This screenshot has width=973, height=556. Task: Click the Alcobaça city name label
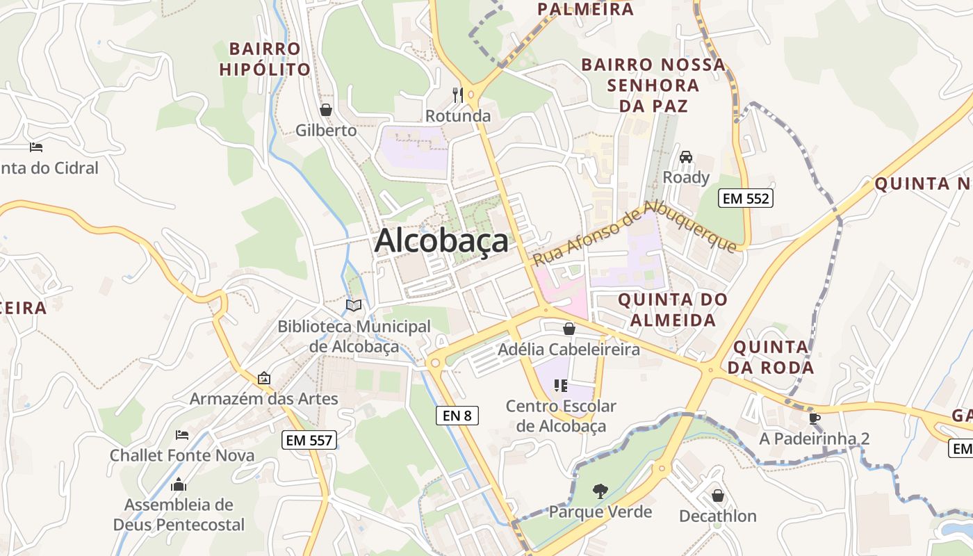tap(441, 242)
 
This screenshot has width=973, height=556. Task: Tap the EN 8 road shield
tap(457, 416)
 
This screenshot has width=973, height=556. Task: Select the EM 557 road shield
tap(310, 439)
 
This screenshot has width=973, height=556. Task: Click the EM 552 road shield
tap(746, 198)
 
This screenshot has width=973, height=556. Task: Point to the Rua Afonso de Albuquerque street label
tap(634, 233)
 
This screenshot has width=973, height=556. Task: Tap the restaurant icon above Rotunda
tap(457, 95)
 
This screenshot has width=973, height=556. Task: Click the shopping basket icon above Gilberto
tap(325, 110)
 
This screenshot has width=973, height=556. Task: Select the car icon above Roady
tap(686, 156)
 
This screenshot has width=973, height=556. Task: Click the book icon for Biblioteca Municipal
tap(354, 305)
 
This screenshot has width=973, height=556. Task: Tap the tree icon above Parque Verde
tap(600, 491)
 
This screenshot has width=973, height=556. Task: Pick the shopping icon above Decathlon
tap(718, 496)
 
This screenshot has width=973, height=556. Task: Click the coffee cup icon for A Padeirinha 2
tap(815, 418)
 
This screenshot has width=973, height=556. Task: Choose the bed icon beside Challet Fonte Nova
tap(182, 435)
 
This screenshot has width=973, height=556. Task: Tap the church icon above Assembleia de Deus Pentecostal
tap(179, 484)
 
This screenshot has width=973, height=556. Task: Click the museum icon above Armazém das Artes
tap(264, 378)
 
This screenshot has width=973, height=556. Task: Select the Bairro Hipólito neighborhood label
tap(265, 59)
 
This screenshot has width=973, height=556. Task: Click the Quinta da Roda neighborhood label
tap(772, 357)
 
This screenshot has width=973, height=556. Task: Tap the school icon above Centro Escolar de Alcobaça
tap(561, 385)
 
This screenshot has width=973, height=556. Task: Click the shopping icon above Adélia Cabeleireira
tap(569, 329)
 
